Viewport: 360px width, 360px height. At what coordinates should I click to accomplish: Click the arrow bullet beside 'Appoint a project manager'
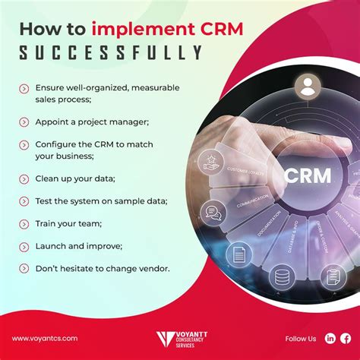[24, 122]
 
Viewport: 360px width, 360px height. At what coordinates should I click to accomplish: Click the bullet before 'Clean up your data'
[24, 179]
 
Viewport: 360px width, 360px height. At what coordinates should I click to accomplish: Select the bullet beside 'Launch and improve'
[24, 245]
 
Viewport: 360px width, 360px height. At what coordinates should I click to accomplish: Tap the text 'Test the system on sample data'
[101, 201]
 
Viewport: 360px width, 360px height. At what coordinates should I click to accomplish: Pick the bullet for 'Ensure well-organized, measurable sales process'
[24, 88]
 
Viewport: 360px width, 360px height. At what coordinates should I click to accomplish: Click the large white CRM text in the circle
[307, 176]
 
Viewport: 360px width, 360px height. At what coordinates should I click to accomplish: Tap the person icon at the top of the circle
[307, 87]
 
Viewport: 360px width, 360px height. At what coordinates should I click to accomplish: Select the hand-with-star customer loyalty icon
[210, 160]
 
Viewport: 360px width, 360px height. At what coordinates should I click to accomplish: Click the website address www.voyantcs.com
[44, 338]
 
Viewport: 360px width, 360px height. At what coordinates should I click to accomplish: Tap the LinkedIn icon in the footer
[330, 338]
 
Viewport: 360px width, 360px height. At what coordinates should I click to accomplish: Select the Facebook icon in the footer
[346, 338]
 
